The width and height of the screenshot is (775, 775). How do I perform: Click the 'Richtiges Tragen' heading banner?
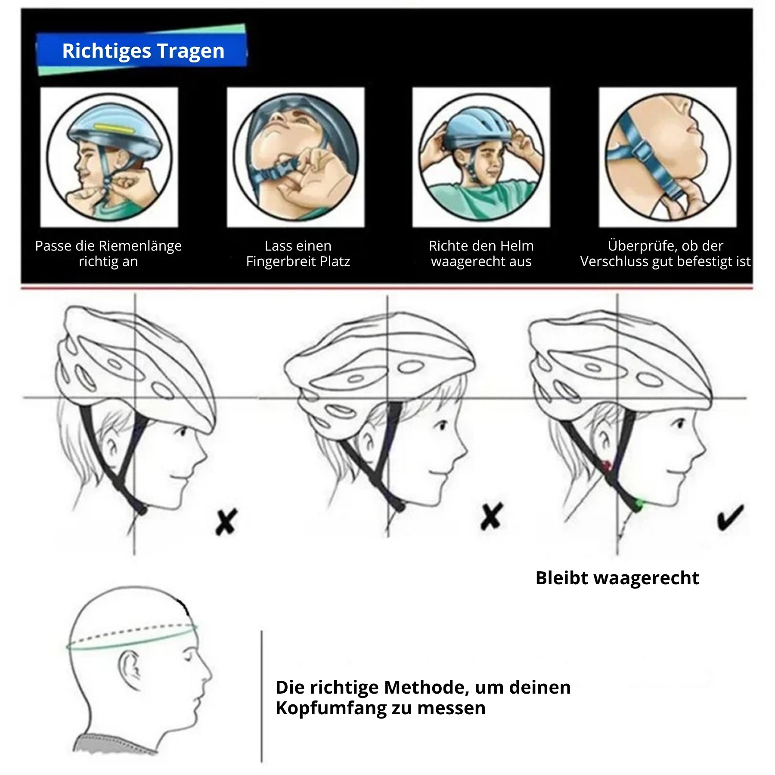point(142,50)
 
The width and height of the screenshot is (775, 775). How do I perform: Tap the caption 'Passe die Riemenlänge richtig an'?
point(108,254)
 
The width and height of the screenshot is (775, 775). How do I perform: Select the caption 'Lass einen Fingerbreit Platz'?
point(298,254)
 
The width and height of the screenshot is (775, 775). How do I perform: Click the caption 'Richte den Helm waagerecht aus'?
point(481,254)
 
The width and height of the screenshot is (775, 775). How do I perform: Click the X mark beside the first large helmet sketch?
point(226,522)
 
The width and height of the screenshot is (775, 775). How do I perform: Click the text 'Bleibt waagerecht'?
point(617,578)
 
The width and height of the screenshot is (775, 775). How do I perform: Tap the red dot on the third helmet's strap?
point(607,465)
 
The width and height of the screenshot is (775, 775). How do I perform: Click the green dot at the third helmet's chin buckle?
point(639,503)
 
